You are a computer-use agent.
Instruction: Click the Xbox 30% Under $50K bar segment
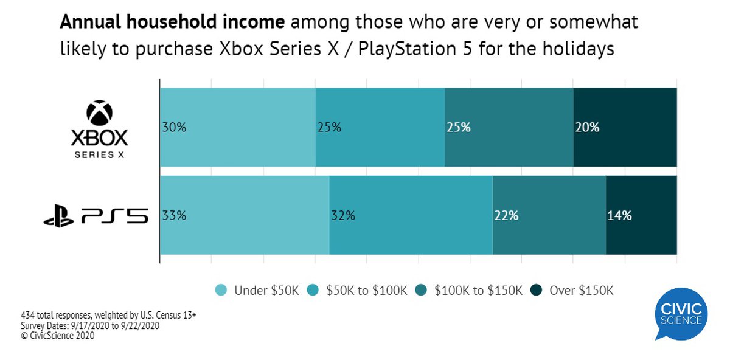[237, 127]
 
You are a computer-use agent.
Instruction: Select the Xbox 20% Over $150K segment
[625, 127]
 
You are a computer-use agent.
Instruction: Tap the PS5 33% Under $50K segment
[244, 215]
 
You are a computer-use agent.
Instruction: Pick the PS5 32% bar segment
[411, 215]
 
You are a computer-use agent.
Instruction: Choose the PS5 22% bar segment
[549, 215]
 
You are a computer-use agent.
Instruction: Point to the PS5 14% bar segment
[641, 215]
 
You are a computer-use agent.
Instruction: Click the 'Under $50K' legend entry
[258, 290]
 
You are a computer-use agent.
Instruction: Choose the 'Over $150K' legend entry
[572, 290]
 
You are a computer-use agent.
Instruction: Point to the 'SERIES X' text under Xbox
[100, 155]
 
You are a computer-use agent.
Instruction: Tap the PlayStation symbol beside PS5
[58, 216]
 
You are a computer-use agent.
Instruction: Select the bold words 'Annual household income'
[172, 23]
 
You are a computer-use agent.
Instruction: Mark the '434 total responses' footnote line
[108, 316]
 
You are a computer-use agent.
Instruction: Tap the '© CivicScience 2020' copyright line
[58, 335]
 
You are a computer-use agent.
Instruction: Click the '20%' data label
[587, 128]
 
